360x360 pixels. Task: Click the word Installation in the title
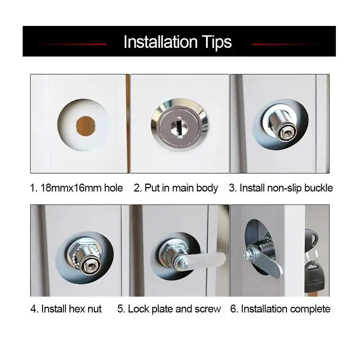tap(161, 42)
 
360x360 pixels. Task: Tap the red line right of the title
tap(285, 44)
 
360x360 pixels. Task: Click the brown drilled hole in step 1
tap(86, 126)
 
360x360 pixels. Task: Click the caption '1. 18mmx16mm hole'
tap(76, 188)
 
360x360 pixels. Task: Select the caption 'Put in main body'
tap(181, 188)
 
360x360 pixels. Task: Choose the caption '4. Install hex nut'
tap(66, 309)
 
